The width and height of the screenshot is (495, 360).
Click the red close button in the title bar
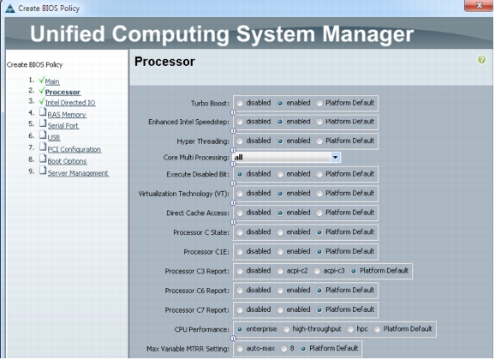[x=479, y=5]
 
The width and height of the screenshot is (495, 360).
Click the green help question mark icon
[x=481, y=59]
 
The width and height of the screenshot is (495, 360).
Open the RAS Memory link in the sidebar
[x=67, y=114]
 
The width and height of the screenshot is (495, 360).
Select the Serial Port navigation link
[x=63, y=125]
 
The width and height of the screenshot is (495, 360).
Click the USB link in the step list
[x=54, y=137]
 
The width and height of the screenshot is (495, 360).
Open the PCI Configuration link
[x=75, y=149]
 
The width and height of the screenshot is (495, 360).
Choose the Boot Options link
[x=67, y=161]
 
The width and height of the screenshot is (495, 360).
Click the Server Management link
[x=78, y=173]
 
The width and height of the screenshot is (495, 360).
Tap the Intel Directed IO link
[x=70, y=103]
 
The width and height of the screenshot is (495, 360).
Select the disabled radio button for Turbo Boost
[x=240, y=104]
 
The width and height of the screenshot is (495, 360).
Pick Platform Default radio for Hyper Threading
[x=319, y=141]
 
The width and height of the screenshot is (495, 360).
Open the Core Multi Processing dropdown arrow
[x=335, y=157]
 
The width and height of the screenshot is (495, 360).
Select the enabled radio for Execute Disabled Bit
[x=280, y=174]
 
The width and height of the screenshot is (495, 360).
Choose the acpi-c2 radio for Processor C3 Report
[x=280, y=271]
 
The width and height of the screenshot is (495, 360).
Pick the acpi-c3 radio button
[x=317, y=271]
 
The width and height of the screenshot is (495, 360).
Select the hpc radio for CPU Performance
[x=350, y=330]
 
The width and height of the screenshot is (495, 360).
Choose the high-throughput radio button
[x=286, y=330]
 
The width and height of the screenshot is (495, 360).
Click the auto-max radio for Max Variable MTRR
[x=240, y=349]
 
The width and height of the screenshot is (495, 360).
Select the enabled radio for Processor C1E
[x=280, y=252]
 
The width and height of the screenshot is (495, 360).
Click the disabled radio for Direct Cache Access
[x=240, y=213]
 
